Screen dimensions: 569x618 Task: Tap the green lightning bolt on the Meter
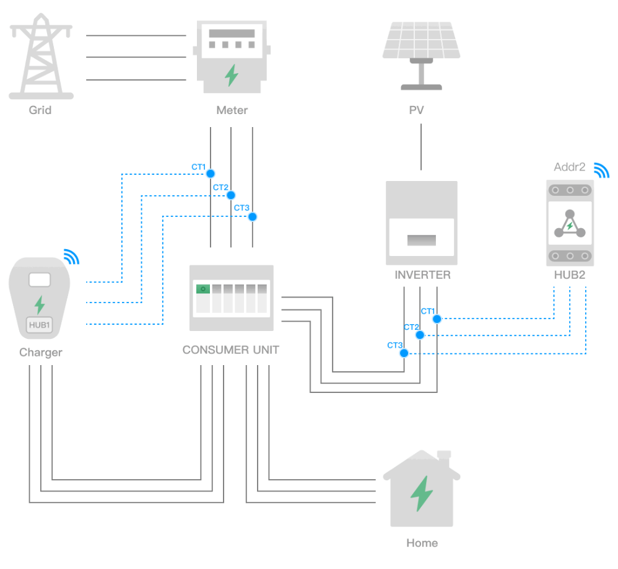[x=231, y=75]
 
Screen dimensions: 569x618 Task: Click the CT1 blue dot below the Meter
[x=211, y=173]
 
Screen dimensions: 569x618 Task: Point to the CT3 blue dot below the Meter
[x=252, y=216]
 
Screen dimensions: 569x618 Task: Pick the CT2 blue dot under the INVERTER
[x=420, y=335]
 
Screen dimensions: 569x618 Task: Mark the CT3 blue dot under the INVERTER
[x=404, y=353]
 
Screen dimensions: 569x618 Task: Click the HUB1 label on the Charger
[x=39, y=324]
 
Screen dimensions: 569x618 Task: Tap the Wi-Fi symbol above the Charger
[x=72, y=257]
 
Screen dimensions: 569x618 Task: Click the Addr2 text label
[x=569, y=167]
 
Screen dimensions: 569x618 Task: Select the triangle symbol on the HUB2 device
[x=569, y=224]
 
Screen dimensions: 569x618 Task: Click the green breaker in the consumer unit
[x=202, y=289]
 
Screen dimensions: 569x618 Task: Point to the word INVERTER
[x=422, y=275]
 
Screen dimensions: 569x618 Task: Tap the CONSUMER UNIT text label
[x=230, y=350]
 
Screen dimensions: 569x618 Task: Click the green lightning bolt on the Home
[x=422, y=493]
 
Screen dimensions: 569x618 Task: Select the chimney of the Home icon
[x=443, y=457]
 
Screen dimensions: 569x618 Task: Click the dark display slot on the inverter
[x=421, y=240]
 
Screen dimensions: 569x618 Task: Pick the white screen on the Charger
[x=39, y=280]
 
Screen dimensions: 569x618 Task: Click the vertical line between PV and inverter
[x=421, y=147]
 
